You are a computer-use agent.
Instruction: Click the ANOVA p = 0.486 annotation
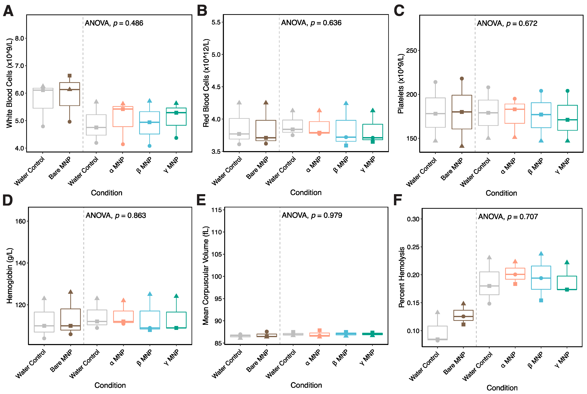[114, 23]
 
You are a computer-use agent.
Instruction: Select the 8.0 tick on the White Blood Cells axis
[19, 38]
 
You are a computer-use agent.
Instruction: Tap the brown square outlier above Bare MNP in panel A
[70, 76]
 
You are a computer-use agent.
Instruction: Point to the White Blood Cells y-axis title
[9, 83]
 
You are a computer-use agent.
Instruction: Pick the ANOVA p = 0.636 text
[311, 23]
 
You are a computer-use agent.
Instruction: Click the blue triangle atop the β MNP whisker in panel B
[346, 103]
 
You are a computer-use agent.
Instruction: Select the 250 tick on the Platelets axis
[411, 51]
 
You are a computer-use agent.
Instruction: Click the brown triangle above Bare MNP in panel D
[71, 292]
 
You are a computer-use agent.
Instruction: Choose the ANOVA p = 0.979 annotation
[312, 215]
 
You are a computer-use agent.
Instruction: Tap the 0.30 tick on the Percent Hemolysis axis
[413, 219]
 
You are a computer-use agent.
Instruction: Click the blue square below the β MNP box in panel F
[541, 300]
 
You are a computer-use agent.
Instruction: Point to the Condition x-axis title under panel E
[306, 385]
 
